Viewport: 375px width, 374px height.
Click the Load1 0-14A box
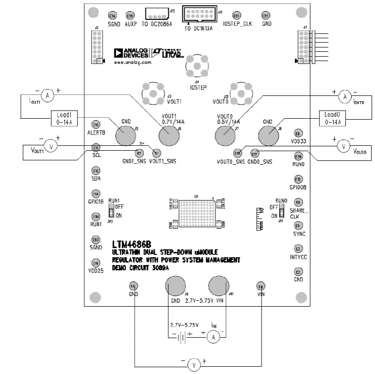tap(65, 119)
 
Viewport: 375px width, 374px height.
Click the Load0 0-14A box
tap(332, 119)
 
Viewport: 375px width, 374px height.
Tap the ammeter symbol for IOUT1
tap(47, 96)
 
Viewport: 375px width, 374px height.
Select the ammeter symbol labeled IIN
tap(212, 337)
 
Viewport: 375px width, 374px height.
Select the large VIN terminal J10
tap(219, 286)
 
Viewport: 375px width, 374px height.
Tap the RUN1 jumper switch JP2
tap(111, 212)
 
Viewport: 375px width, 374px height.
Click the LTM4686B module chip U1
tap(196, 214)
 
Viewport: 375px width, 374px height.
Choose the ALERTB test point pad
tap(96, 124)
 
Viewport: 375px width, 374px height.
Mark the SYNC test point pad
tap(298, 225)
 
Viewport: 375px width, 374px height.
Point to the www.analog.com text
tap(132, 62)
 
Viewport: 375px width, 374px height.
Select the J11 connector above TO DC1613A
tap(200, 14)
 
